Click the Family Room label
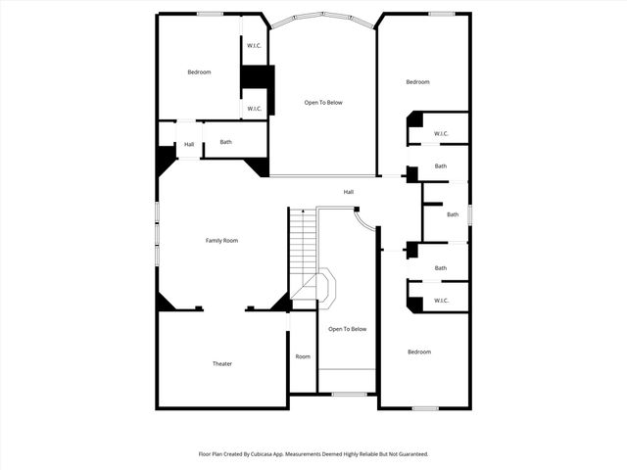click(221, 240)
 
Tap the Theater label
click(222, 363)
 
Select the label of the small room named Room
click(303, 356)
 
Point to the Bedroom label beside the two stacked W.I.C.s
click(199, 71)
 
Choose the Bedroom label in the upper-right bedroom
click(417, 81)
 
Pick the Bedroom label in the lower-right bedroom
click(418, 352)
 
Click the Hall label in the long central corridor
click(348, 191)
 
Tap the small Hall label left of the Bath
click(188, 145)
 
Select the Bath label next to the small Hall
click(225, 142)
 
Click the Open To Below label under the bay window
click(322, 102)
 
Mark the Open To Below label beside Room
click(347, 329)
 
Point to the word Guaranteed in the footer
click(409, 454)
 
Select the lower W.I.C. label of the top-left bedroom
click(253, 108)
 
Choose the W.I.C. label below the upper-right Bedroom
click(441, 133)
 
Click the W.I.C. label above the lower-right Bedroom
click(441, 300)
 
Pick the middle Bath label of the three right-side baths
click(452, 214)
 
